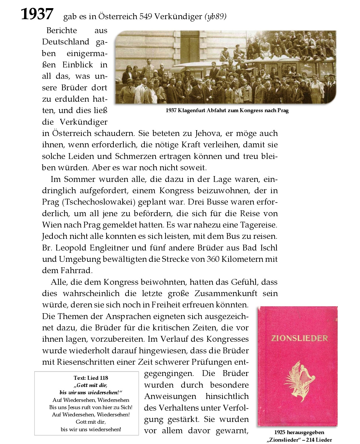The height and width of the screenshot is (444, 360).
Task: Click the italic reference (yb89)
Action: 215,17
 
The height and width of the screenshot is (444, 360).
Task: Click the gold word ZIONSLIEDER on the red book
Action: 297,338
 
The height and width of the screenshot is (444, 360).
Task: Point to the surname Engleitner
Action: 110,248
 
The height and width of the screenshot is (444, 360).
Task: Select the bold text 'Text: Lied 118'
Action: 91,378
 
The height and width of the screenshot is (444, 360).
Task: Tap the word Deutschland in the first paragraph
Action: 66,42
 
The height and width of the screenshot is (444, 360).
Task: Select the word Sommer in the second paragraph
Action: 79,179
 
